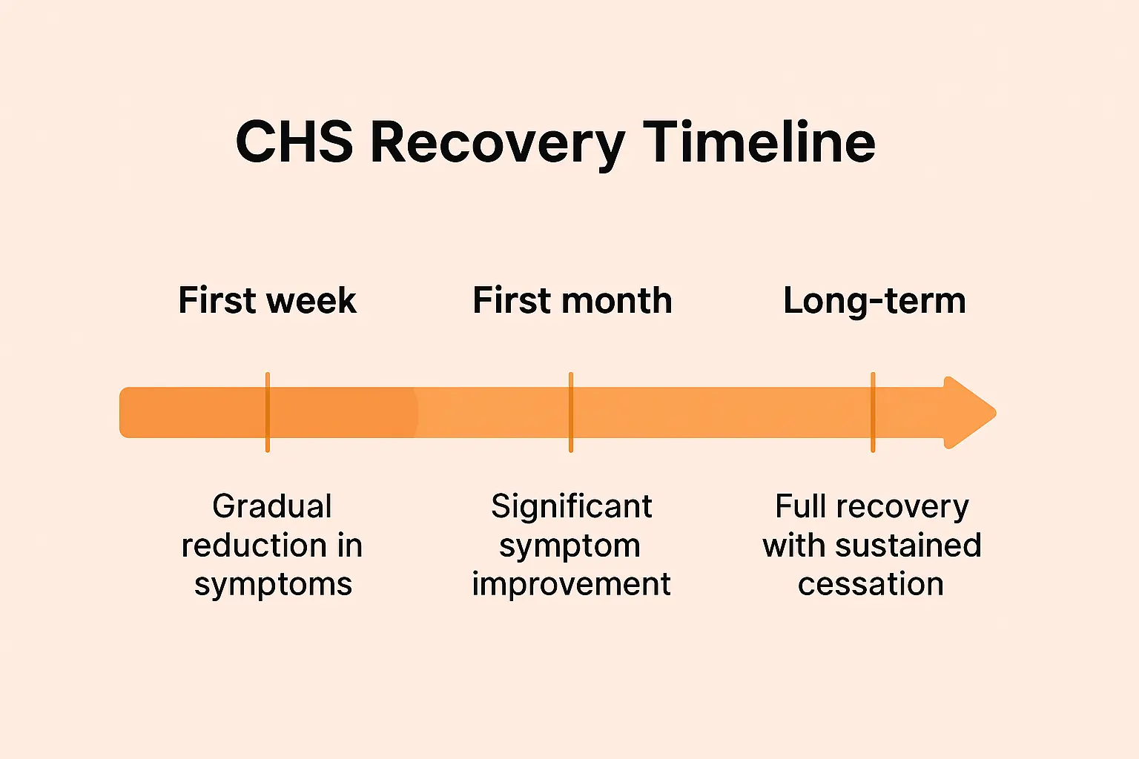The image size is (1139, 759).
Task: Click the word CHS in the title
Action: (x=294, y=142)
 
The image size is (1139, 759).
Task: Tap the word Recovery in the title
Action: (x=498, y=143)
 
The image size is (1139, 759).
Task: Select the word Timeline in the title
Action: (x=759, y=142)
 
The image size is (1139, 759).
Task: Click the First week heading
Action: (x=268, y=301)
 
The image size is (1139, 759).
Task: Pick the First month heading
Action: (x=572, y=301)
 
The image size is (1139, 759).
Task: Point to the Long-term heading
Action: (x=874, y=302)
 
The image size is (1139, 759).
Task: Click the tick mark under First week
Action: (x=268, y=412)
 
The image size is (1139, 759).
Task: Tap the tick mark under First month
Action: (x=571, y=412)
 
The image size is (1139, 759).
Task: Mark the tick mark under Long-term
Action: (x=873, y=412)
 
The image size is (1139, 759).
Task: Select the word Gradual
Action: (x=272, y=507)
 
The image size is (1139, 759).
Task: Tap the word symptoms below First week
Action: (x=273, y=585)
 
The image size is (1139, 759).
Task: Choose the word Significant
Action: (x=571, y=507)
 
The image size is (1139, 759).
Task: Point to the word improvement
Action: (x=571, y=585)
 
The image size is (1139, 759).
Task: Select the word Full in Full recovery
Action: (x=801, y=507)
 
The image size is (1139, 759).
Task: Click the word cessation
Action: (x=871, y=585)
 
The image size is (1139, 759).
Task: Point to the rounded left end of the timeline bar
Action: (x=128, y=413)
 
